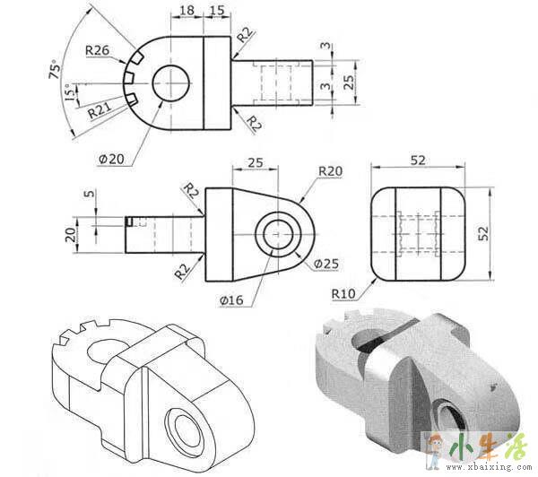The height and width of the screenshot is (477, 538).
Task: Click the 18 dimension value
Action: tap(187, 10)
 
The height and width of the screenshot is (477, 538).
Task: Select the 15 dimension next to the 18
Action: tap(217, 10)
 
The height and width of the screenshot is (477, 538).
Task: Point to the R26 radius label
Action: tap(97, 50)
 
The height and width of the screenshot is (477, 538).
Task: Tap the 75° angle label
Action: tap(55, 70)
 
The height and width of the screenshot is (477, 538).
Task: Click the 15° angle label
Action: tap(70, 92)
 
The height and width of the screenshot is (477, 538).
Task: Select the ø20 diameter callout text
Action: tap(111, 159)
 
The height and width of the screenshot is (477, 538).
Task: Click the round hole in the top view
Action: tap(170, 83)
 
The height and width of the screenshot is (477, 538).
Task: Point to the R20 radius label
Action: tap(330, 171)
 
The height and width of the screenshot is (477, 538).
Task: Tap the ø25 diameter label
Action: tap(326, 264)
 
